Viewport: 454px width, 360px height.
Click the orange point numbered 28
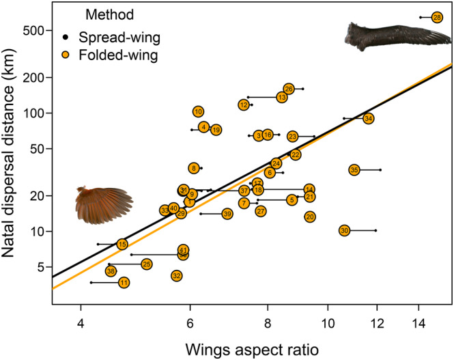[x=438, y=17]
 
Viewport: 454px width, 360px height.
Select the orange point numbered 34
[x=369, y=118]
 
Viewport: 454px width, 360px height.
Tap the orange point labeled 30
[x=345, y=230]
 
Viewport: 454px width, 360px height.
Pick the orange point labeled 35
[x=354, y=169]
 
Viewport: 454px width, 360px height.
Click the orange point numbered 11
[x=124, y=282]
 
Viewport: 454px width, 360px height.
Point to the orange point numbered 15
[x=122, y=244]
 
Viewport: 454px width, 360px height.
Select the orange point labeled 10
[x=198, y=111]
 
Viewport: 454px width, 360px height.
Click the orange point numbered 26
[x=289, y=89]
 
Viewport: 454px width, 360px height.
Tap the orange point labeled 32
[x=177, y=275]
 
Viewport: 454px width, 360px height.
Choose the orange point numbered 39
[x=227, y=214]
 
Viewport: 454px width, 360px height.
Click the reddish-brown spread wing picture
[x=103, y=201]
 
